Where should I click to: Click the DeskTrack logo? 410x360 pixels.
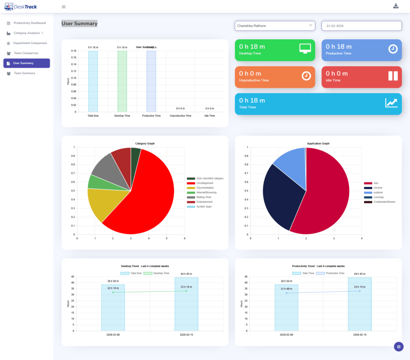(x=21, y=6)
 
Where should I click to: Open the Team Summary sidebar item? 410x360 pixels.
(x=24, y=73)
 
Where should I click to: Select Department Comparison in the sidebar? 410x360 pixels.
(x=30, y=43)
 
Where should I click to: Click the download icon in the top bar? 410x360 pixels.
(x=396, y=6)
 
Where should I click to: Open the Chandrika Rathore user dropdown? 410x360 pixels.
(x=275, y=26)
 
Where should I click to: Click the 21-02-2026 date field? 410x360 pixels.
(x=361, y=26)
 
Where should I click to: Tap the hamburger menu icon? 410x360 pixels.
(x=64, y=6)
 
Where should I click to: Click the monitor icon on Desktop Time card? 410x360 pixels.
(x=305, y=48)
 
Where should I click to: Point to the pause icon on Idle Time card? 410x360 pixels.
(x=393, y=76)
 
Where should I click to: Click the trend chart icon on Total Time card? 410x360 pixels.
(x=391, y=103)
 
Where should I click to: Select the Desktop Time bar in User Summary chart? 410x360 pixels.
(x=122, y=81)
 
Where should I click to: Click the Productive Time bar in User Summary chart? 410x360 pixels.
(x=151, y=81)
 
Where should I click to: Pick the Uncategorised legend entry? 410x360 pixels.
(x=205, y=183)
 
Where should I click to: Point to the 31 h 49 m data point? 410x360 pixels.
(x=286, y=293)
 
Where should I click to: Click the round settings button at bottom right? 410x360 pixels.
(x=399, y=346)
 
